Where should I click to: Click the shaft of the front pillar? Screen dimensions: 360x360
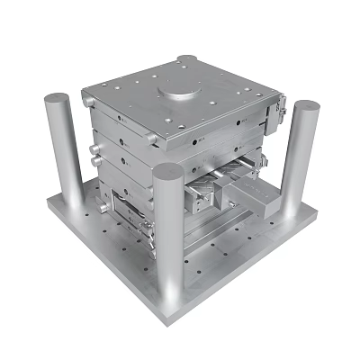click(168, 243)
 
